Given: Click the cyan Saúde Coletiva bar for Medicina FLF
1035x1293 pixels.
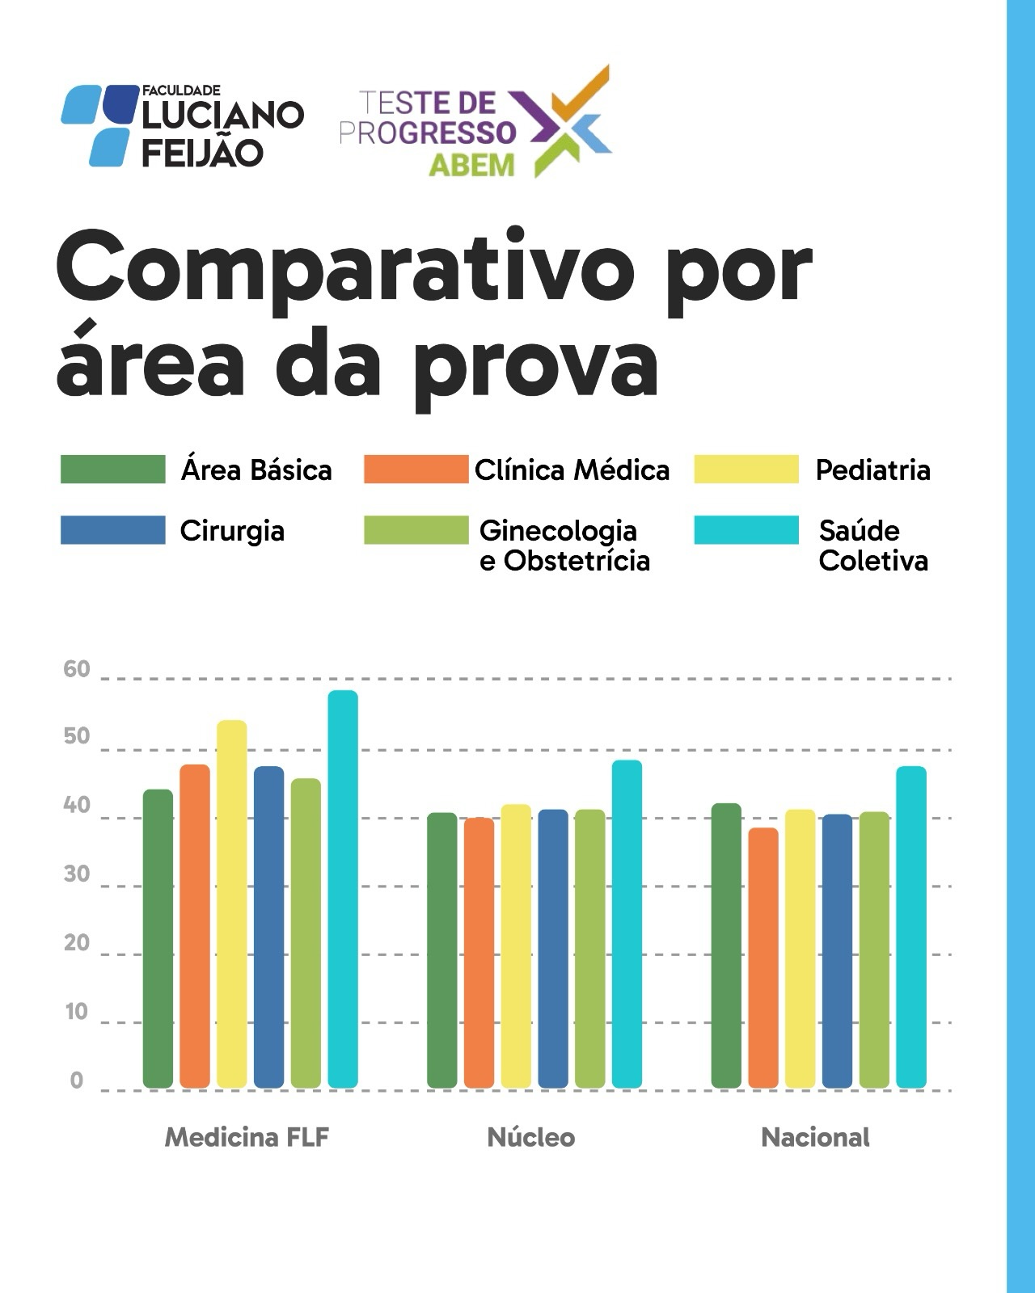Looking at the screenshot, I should tap(343, 889).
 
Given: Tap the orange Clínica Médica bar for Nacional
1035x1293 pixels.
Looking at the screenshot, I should tap(763, 958).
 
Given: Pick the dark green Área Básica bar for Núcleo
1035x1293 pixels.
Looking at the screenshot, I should tap(442, 950).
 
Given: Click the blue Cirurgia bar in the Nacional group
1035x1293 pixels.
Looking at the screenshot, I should tap(837, 950).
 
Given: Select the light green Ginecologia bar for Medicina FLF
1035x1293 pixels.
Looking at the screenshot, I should tap(306, 933).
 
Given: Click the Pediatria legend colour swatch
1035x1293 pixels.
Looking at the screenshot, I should tap(746, 470).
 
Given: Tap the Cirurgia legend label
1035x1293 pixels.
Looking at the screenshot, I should tap(232, 531).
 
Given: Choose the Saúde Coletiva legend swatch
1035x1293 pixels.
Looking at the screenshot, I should tap(746, 530).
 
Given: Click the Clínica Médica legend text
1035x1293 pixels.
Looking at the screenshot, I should tap(572, 470).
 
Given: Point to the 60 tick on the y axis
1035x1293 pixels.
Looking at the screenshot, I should tap(77, 669).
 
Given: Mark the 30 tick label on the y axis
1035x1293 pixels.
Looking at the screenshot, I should tap(77, 874).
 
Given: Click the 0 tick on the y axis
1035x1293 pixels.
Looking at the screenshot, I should tap(77, 1080).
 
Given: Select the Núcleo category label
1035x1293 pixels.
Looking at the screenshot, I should tap(530, 1138).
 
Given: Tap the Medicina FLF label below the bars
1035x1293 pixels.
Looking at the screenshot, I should tap(247, 1138).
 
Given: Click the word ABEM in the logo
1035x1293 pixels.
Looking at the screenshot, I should tap(471, 164).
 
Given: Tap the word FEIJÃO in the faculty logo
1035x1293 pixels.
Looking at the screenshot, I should tap(202, 152).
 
